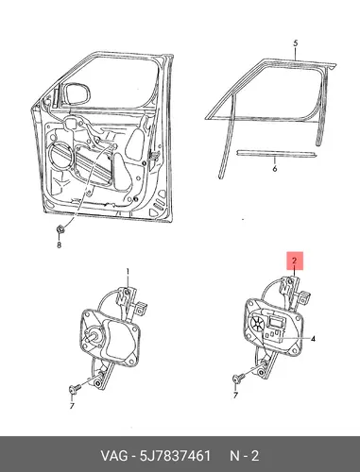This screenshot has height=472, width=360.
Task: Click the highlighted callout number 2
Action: point(294,261)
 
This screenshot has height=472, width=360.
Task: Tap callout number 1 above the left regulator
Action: point(128,272)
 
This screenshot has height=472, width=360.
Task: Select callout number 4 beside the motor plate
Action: point(313,339)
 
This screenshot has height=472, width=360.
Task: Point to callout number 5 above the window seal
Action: point(295,43)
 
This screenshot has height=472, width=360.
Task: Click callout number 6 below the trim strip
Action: point(275,169)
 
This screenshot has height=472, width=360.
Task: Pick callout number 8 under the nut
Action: point(59,244)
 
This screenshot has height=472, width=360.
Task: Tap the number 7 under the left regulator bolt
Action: point(72,406)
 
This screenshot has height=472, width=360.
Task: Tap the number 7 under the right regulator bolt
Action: point(235,396)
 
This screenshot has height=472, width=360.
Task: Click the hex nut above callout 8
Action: point(60,229)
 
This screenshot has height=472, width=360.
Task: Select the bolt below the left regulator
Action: point(75,389)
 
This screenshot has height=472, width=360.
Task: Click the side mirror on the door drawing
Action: point(77,93)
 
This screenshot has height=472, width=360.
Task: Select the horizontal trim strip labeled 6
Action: point(277,153)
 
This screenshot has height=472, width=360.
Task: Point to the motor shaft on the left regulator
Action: point(92,336)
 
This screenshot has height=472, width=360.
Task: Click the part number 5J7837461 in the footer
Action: point(175,456)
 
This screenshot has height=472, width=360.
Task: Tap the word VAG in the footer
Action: point(114,456)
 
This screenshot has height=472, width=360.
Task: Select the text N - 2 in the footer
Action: point(245,456)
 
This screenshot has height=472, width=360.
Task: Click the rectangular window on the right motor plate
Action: point(276,322)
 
